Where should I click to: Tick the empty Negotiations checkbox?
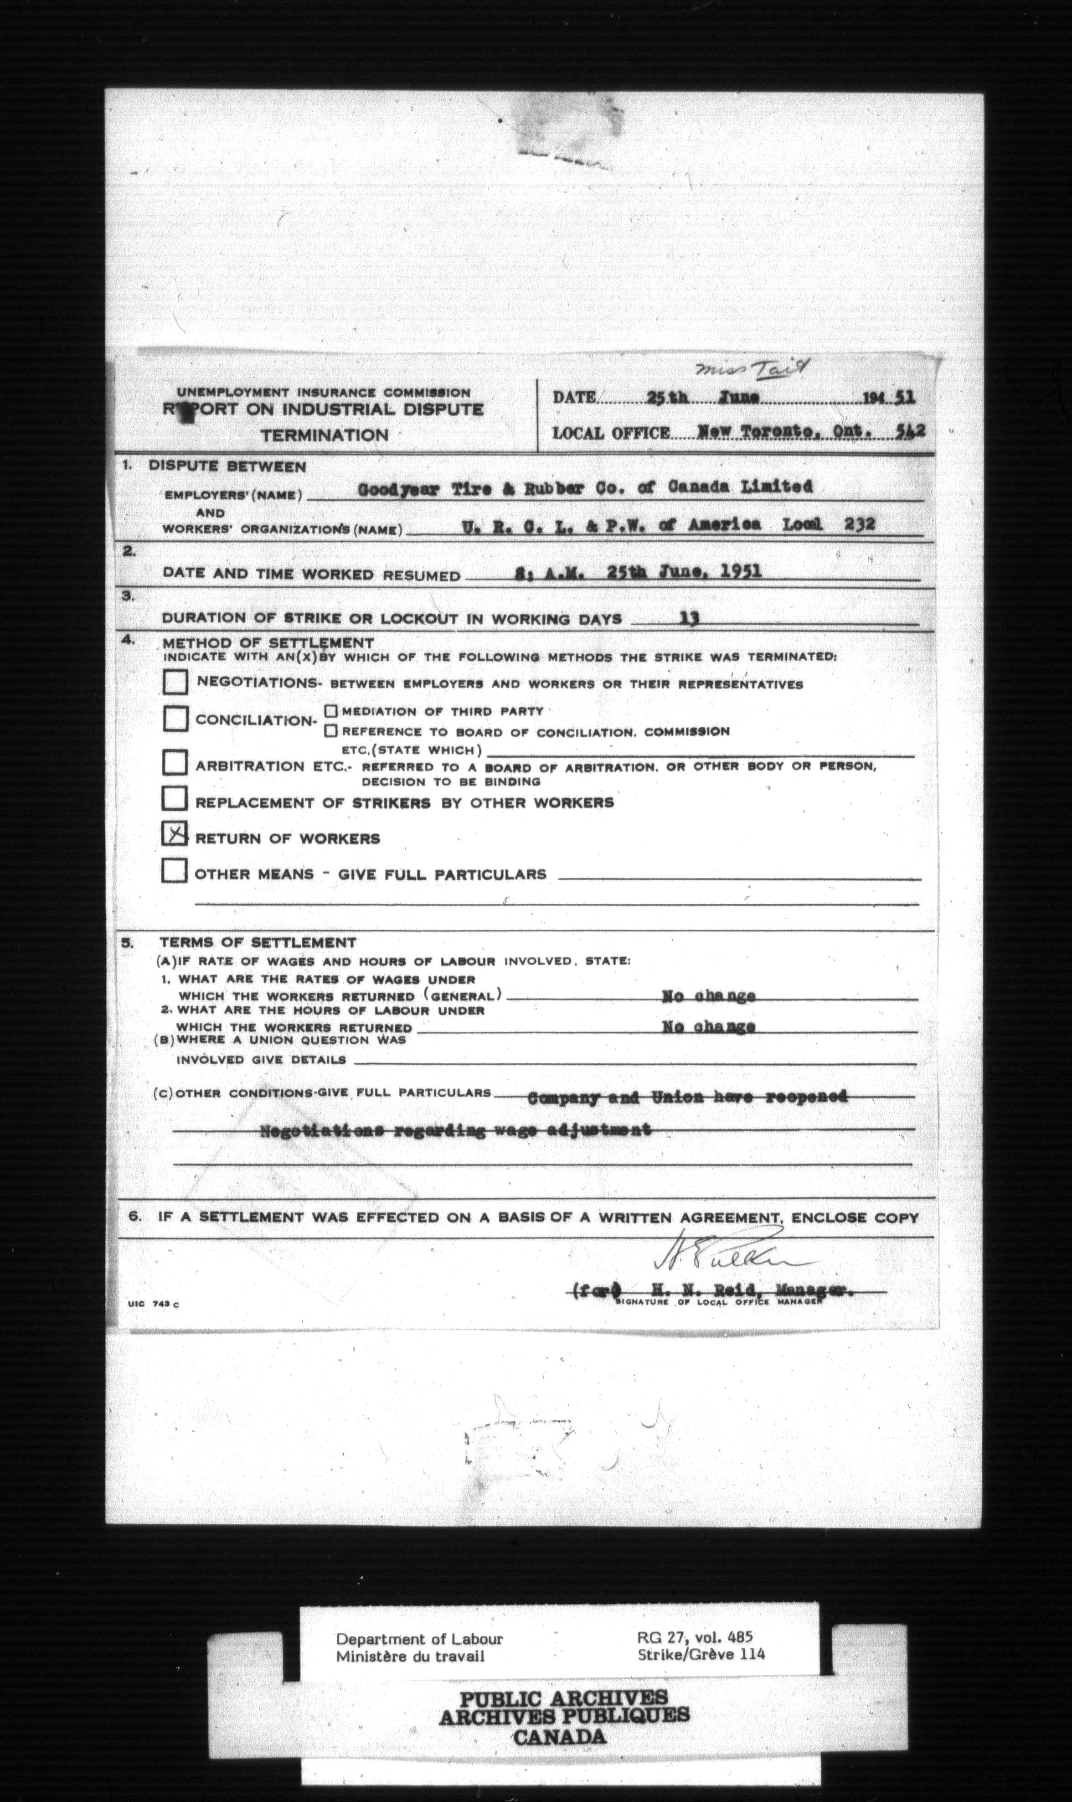175,681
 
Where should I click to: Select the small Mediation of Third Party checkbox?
331,711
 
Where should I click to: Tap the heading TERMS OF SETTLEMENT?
257,942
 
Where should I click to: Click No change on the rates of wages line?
709,996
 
